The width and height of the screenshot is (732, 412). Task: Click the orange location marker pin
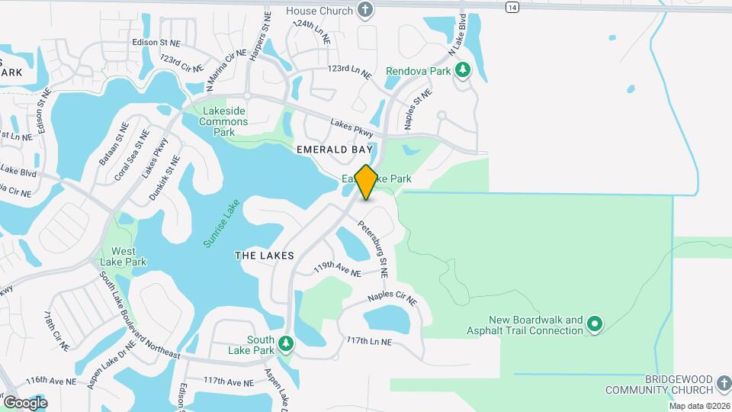coord(366,182)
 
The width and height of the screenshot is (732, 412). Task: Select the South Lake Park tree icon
coord(286,344)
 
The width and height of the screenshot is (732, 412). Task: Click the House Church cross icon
coord(366,11)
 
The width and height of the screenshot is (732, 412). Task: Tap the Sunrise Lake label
coord(221,224)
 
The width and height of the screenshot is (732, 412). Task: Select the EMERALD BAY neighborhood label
coord(335,150)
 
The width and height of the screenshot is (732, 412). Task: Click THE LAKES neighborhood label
coord(264,256)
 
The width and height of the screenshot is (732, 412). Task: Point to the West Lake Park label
coord(124,256)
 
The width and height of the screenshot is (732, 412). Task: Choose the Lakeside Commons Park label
coord(223,121)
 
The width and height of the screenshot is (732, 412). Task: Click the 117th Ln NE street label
coord(369,341)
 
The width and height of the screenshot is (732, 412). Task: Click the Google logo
coord(25,402)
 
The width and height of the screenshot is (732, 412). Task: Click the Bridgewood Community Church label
coord(667,385)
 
